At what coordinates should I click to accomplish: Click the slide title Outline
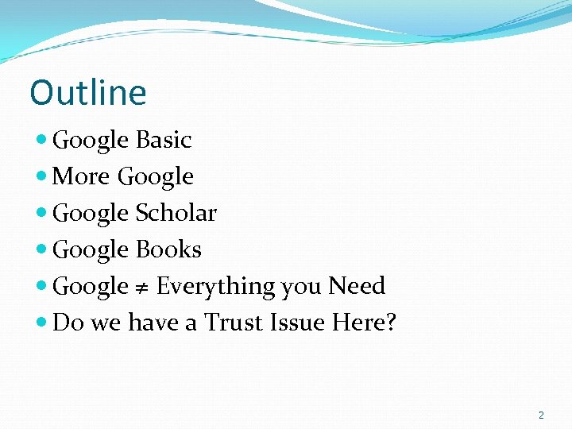point(88,92)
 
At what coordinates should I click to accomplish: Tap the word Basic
point(164,140)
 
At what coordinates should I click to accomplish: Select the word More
point(81,176)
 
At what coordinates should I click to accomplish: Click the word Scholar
point(176,213)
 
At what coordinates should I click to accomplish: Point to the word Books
point(168,249)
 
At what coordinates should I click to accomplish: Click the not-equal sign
point(142,287)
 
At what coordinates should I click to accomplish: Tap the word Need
point(357,286)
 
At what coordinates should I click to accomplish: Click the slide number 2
point(541,415)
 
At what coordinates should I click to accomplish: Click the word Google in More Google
point(156,177)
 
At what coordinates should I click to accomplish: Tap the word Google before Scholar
point(91,214)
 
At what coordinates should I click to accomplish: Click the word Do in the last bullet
point(68,323)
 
